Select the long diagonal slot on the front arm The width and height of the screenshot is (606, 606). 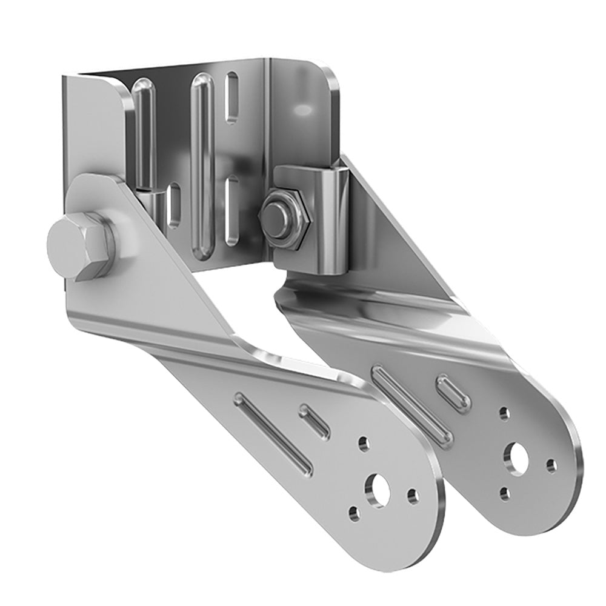click(x=274, y=433)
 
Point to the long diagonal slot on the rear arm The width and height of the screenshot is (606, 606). click(x=413, y=403)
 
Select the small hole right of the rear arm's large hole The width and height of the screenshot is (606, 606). click(x=551, y=465)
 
